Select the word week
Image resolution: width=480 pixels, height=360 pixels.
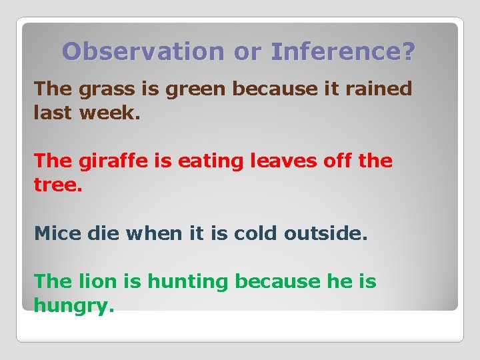pyautogui.click(x=109, y=113)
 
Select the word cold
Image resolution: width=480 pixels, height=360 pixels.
pyautogui.click(x=255, y=233)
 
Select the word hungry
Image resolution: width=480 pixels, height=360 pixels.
pyautogui.click(x=73, y=307)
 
